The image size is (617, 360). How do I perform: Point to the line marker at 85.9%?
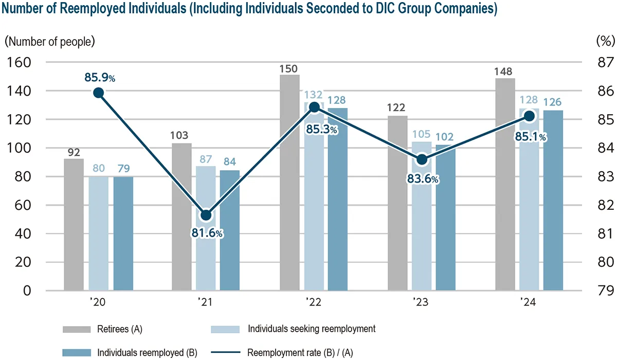coord(99,93)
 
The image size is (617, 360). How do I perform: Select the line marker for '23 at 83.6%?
coord(422,159)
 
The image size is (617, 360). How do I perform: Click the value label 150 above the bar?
coord(289,69)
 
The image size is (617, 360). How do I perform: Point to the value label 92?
coord(74,152)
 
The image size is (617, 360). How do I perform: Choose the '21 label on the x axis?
coord(206,302)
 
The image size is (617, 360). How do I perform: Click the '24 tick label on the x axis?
coord(529,302)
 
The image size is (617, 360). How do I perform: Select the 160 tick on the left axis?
coord(19,62)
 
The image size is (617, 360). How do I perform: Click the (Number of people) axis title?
coord(50,41)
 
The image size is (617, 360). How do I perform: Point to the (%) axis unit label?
coord(605,41)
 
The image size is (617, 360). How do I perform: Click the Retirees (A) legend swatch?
coord(76,329)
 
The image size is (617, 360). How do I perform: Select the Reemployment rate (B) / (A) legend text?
coord(300,353)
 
